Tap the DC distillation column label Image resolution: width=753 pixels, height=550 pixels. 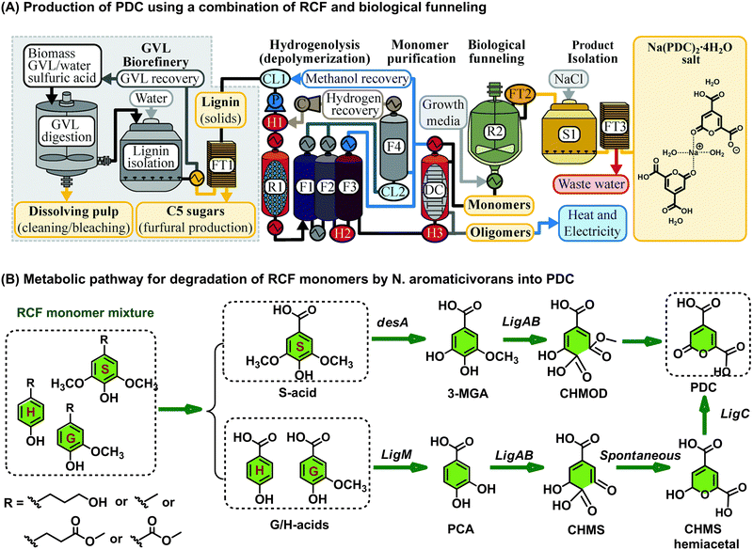pyautogui.click(x=432, y=183)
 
